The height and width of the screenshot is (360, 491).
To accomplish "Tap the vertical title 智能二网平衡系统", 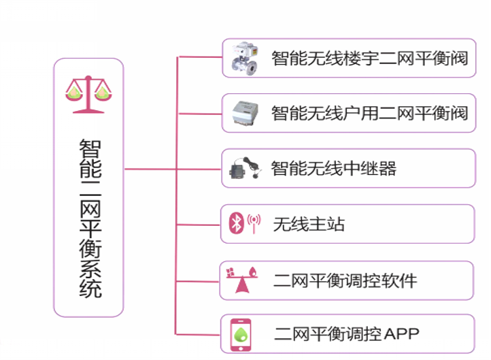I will (x=89, y=218).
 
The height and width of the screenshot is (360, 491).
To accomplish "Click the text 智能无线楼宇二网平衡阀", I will (x=369, y=59).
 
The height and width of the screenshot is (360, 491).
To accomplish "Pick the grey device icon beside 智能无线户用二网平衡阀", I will (x=243, y=113).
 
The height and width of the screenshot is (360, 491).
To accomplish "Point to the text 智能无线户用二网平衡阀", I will (x=369, y=113).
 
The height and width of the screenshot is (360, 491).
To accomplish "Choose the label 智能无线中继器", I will (x=333, y=168).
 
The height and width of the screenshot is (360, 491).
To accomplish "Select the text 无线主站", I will (x=309, y=224).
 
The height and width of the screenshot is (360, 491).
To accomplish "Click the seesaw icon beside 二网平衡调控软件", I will (x=241, y=279).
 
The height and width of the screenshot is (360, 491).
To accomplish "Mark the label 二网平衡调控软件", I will (x=345, y=280).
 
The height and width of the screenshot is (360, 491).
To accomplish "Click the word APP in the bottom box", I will (x=402, y=334).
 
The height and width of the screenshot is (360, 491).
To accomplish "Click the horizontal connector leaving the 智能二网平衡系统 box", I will (x=150, y=168).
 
